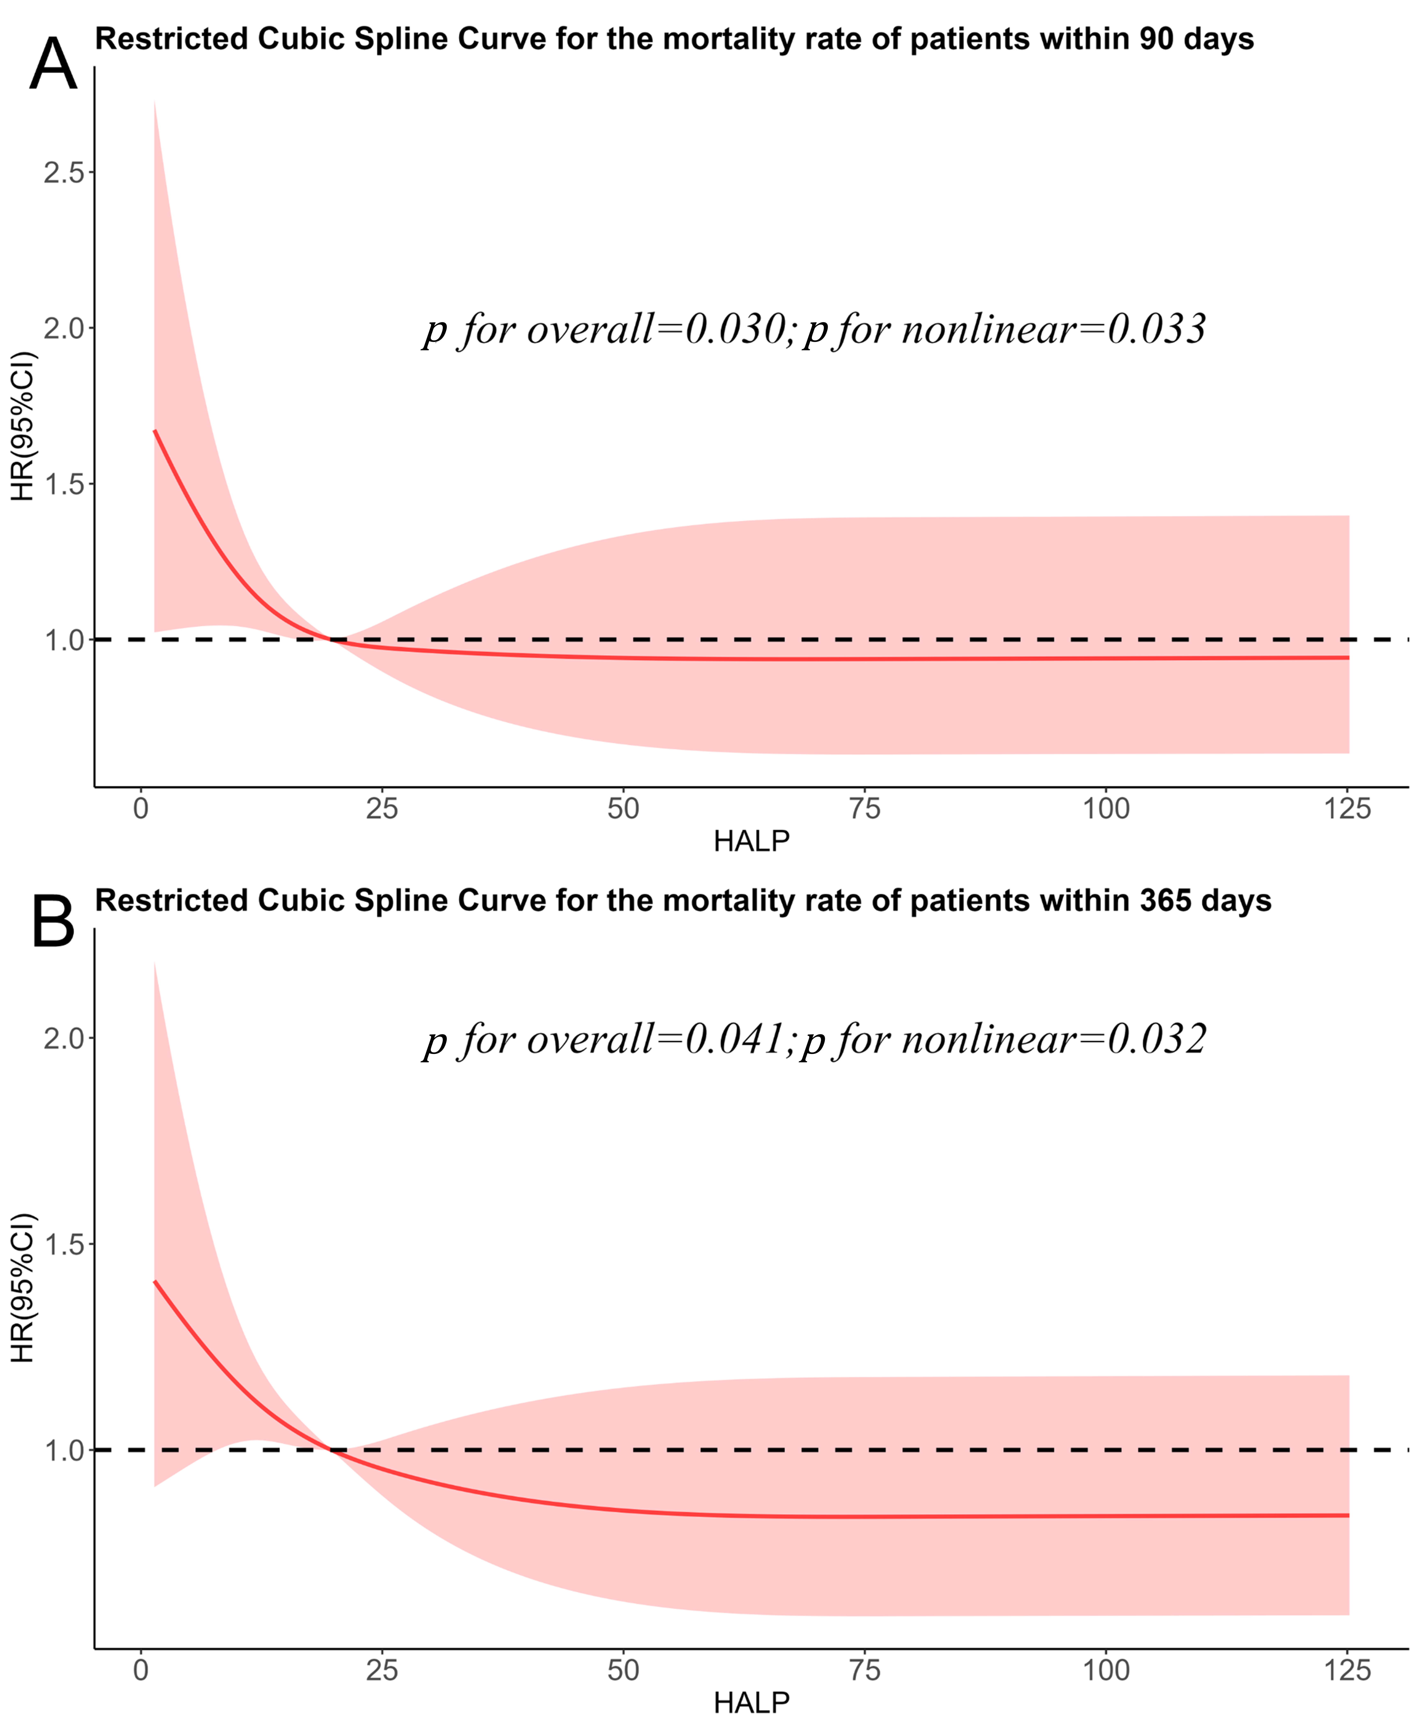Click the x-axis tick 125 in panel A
click(1346, 809)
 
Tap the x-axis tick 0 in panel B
click(141, 1670)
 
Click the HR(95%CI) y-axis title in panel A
click(23, 426)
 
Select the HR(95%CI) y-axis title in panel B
click(23, 1287)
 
